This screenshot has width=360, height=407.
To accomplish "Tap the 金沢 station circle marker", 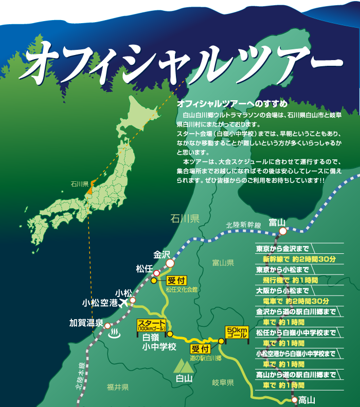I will [x=170, y=263].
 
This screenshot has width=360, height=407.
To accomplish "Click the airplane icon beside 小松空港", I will [x=123, y=303].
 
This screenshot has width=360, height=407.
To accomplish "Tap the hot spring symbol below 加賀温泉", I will [x=114, y=333].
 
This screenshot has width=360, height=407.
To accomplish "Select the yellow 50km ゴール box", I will [x=237, y=331].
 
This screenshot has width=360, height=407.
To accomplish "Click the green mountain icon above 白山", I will [x=183, y=366].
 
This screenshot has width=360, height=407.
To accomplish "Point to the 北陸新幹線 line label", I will [x=244, y=225].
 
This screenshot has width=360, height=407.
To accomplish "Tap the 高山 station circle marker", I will [x=294, y=399].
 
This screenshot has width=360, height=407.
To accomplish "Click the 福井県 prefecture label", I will [x=118, y=387].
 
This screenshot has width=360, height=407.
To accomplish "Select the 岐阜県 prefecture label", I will [x=223, y=382].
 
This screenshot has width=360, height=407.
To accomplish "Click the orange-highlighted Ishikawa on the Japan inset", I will [x=89, y=190].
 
